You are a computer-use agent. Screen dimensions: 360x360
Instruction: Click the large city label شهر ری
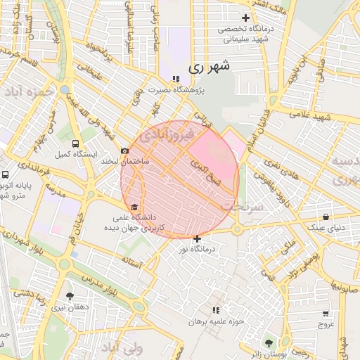point(210,67)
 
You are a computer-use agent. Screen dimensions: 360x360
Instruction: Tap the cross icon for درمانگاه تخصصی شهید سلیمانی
point(245,18)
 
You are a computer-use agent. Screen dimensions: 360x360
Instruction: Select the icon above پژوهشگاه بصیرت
point(175,79)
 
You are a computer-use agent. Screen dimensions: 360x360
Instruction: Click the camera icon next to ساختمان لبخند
point(124,150)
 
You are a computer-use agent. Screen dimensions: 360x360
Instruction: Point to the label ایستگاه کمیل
point(71,153)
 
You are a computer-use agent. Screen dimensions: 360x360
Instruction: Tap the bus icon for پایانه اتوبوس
point(6,174)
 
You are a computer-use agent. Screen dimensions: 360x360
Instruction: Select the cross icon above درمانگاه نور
point(197,238)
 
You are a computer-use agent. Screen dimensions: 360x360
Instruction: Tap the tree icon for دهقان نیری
point(69,296)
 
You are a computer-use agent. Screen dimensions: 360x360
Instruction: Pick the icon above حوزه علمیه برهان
point(216,309)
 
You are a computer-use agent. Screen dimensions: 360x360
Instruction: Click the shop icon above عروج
point(325,314)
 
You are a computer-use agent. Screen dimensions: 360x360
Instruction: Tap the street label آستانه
point(132,264)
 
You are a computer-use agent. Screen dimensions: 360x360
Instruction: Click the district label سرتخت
point(243,206)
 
